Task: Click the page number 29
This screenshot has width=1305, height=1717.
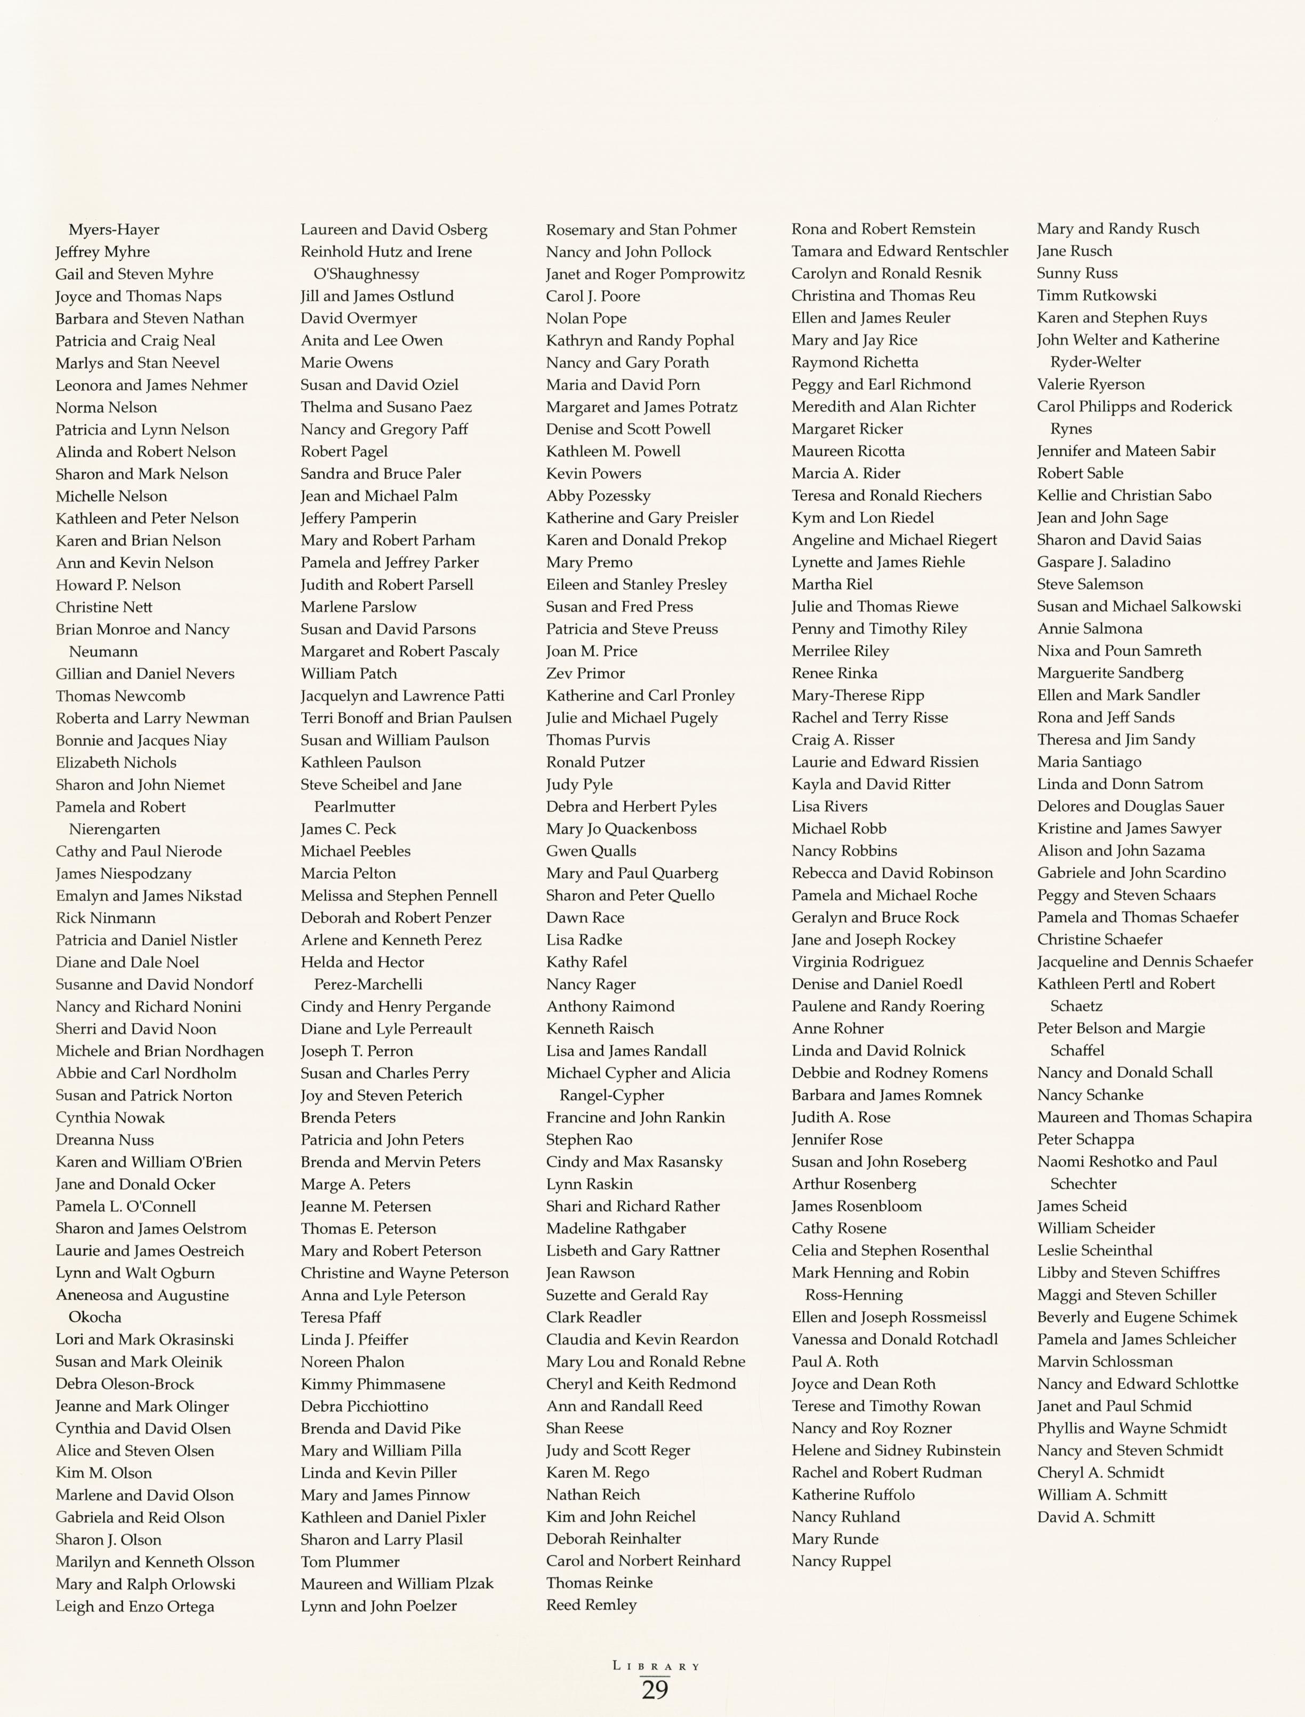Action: click(655, 1690)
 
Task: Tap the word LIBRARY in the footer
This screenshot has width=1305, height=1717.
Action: click(656, 1666)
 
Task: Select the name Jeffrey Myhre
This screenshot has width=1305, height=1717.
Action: click(102, 252)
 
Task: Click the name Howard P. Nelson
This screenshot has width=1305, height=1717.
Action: click(118, 585)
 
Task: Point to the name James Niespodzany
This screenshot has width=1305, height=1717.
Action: click(124, 874)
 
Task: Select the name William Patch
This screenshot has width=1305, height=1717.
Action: click(349, 674)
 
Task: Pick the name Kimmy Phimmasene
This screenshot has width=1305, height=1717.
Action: click(373, 1384)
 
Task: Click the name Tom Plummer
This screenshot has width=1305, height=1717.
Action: click(350, 1562)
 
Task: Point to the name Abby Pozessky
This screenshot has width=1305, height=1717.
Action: click(598, 496)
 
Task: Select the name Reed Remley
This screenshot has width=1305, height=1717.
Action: click(591, 1605)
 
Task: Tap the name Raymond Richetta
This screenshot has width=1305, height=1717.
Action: click(855, 362)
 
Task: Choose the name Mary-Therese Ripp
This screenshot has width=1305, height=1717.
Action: click(858, 696)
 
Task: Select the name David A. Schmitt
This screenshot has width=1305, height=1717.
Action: click(1096, 1516)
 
